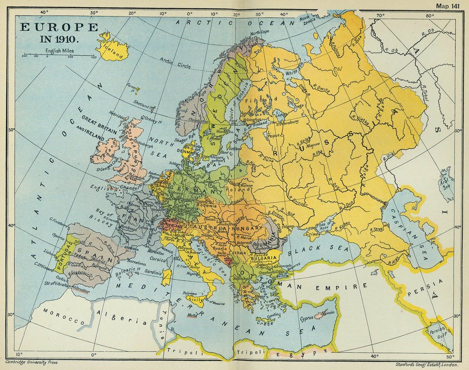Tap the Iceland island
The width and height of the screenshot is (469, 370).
(109, 47)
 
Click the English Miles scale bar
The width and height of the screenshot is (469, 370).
(59, 56)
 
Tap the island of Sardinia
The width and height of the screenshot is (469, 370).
(166, 277)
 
